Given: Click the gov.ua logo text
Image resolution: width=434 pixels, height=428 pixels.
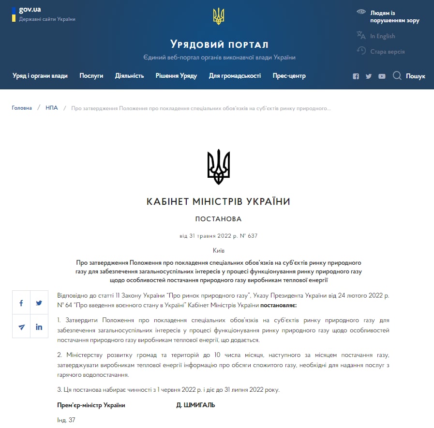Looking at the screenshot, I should click(x=30, y=10).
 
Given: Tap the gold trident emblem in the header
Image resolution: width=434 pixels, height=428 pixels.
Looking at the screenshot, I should click(x=219, y=16).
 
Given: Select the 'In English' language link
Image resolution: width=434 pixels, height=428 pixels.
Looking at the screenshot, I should click(x=382, y=36).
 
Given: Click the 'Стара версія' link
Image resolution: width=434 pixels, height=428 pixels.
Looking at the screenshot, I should click(x=387, y=52).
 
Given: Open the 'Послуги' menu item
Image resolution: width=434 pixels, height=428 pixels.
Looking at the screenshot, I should click(x=91, y=76).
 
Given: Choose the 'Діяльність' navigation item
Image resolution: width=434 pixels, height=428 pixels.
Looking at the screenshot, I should click(x=129, y=76).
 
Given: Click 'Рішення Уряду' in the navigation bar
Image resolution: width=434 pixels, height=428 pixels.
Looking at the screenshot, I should click(x=176, y=76).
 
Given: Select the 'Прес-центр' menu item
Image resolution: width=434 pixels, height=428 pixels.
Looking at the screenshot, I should click(x=289, y=76).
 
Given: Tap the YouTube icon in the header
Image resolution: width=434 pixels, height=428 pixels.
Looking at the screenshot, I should click(x=382, y=76).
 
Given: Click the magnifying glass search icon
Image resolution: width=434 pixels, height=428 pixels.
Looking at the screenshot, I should click(x=397, y=76).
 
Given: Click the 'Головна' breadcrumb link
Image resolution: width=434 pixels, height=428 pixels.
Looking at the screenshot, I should click(x=22, y=108).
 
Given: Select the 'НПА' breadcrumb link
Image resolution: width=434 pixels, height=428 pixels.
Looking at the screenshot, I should click(x=52, y=108).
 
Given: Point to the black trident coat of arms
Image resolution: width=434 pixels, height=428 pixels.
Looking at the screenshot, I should click(x=219, y=167).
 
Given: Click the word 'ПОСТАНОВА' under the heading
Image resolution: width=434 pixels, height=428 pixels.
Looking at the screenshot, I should click(x=218, y=219).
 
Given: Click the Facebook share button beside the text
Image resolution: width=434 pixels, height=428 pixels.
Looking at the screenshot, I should click(x=21, y=303).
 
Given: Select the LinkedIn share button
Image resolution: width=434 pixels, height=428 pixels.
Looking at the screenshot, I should click(x=39, y=327).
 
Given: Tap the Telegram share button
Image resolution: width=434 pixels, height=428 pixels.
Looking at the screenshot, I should click(x=21, y=327).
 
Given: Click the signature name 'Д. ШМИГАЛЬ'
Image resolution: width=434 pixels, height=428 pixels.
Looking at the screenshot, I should click(x=195, y=405).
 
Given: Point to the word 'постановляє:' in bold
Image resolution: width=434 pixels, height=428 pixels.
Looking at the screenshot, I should click(x=278, y=306).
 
